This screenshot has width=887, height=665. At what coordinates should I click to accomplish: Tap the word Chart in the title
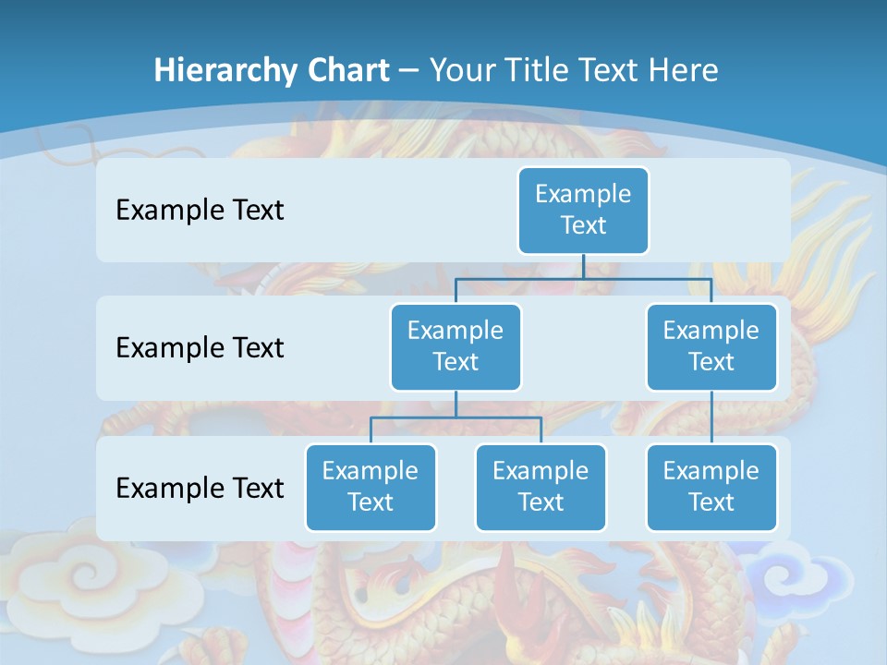(344, 70)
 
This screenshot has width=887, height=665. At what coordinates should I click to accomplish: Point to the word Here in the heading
(685, 70)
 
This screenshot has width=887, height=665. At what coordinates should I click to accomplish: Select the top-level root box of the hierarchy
(583, 211)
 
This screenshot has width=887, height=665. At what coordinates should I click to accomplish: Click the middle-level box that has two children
(456, 346)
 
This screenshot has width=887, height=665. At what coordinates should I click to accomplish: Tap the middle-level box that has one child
(711, 346)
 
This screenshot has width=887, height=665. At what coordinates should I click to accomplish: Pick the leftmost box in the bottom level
(371, 487)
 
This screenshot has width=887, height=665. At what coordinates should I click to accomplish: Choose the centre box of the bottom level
(541, 487)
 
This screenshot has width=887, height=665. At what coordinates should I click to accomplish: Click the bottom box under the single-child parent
(711, 487)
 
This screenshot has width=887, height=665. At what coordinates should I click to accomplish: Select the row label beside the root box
(200, 211)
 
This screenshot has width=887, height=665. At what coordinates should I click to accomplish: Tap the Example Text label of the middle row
(200, 347)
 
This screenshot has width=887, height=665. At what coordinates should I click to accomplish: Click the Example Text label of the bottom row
(200, 488)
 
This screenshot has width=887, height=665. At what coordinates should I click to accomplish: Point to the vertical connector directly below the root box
(583, 266)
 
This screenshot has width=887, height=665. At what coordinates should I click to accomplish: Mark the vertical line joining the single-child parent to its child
(711, 417)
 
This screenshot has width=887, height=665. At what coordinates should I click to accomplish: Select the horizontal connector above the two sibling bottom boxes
(456, 417)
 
